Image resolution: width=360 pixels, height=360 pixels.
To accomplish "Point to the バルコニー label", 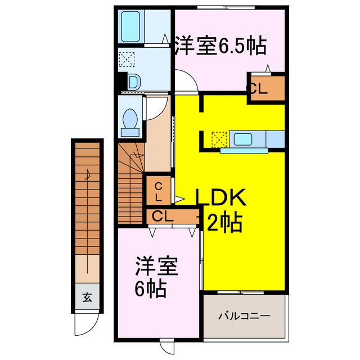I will point(244,316).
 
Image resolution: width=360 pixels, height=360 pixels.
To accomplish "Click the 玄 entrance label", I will point(88,299).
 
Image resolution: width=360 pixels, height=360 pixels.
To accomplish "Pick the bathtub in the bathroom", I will point(133,26).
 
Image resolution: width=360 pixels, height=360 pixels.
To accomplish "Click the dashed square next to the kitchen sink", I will point(219,138).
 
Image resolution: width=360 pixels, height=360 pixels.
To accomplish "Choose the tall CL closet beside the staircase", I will point(159,192).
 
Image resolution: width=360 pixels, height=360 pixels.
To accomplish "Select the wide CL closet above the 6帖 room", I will point(160,216).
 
